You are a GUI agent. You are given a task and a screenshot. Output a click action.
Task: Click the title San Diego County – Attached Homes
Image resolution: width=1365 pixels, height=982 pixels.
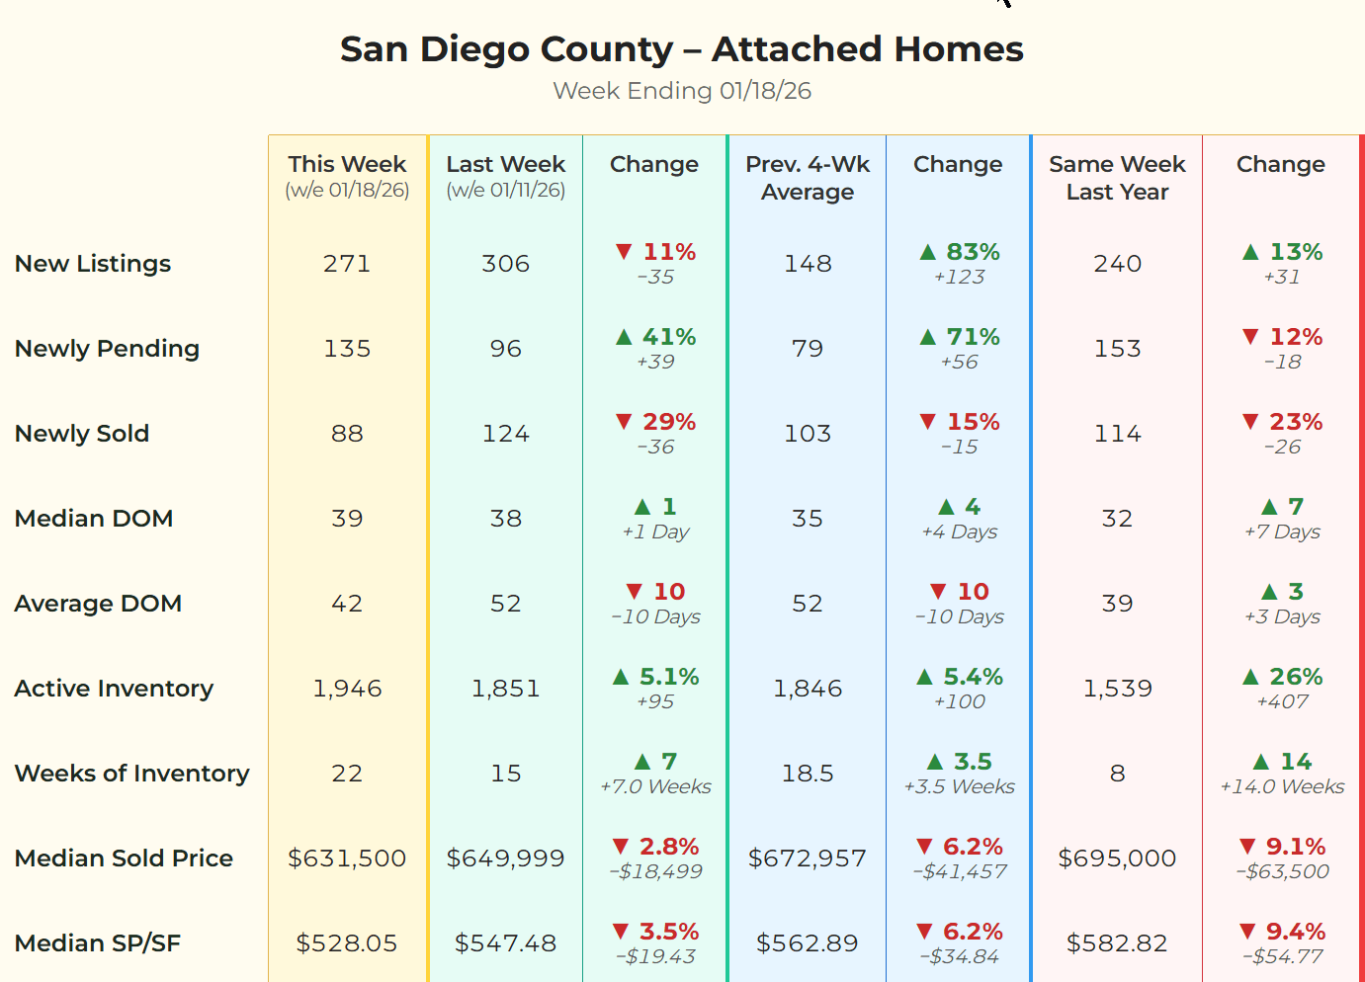click(x=681, y=48)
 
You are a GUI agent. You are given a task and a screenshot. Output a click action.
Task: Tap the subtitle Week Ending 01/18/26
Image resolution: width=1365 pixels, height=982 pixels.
click(x=681, y=91)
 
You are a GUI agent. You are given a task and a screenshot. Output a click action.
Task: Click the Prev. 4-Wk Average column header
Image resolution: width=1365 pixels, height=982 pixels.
click(x=808, y=178)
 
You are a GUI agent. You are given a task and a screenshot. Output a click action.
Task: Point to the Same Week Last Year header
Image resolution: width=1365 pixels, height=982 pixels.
click(x=1117, y=178)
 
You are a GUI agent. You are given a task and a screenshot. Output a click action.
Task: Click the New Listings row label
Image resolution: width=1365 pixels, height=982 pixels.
click(x=93, y=264)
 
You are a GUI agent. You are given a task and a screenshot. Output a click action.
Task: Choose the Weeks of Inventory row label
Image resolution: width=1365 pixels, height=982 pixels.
click(x=131, y=774)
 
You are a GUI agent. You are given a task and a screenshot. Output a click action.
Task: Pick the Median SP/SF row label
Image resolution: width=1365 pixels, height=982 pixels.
click(x=98, y=943)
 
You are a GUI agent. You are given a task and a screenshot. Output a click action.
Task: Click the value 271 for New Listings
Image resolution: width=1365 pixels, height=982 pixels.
click(x=347, y=264)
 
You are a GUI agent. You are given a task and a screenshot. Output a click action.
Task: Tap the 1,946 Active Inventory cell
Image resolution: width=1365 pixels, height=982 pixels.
click(x=347, y=689)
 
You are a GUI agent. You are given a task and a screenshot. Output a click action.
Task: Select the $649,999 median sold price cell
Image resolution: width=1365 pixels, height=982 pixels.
click(x=505, y=859)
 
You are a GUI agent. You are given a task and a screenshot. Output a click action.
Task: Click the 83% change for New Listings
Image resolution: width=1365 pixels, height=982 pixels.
click(x=973, y=252)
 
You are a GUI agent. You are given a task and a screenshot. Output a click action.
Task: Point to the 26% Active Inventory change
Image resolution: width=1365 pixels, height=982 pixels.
click(x=1295, y=677)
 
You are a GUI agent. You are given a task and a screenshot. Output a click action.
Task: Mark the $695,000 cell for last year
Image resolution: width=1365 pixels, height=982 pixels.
click(x=1117, y=859)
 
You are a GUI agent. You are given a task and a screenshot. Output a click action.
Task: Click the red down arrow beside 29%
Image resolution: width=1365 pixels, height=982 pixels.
click(x=624, y=422)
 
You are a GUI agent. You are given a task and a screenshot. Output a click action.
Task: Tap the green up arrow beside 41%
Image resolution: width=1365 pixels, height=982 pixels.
click(x=624, y=337)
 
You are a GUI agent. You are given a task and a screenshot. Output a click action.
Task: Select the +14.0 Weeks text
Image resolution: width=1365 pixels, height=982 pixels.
click(x=1282, y=787)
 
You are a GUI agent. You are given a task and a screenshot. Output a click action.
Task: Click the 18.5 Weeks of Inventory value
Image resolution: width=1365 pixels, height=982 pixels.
click(x=808, y=774)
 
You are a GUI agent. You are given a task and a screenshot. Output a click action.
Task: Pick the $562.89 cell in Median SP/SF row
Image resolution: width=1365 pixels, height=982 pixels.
click(x=808, y=943)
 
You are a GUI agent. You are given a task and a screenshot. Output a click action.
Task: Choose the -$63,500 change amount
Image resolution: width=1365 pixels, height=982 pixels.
click(x=1282, y=872)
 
